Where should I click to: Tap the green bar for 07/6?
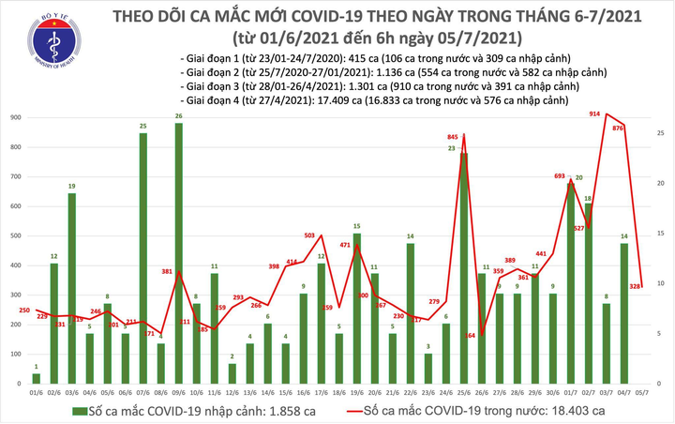[142, 258]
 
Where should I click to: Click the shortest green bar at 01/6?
[36, 379]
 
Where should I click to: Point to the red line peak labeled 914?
[608, 114]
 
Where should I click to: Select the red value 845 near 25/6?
[454, 138]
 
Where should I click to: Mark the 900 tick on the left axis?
[17, 118]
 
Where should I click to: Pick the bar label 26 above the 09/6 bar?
[178, 115]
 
